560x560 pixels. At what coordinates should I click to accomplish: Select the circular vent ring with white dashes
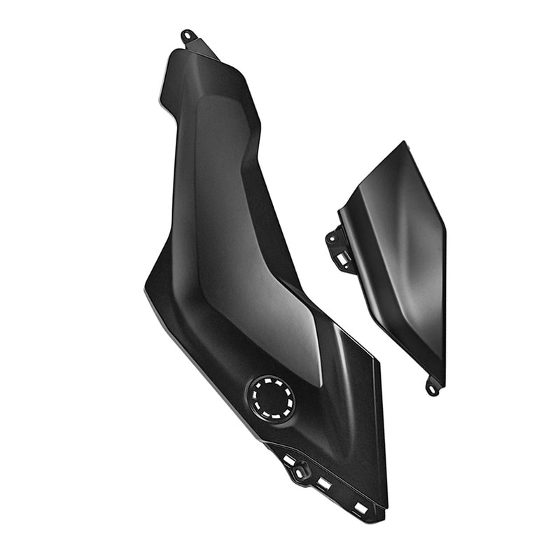click(272, 398)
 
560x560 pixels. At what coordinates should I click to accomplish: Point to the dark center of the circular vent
click(272, 398)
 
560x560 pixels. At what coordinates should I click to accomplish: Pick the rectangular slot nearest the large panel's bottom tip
click(361, 507)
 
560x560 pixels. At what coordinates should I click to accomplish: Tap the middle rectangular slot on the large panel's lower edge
click(323, 483)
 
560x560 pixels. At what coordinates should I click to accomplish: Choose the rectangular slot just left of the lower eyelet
click(288, 460)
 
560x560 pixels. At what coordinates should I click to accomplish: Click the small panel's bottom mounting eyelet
click(433, 386)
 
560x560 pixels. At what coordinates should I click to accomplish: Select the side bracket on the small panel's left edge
click(339, 246)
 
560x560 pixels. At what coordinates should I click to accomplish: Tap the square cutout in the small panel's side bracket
click(342, 260)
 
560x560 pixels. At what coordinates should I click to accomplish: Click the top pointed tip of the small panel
click(405, 143)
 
